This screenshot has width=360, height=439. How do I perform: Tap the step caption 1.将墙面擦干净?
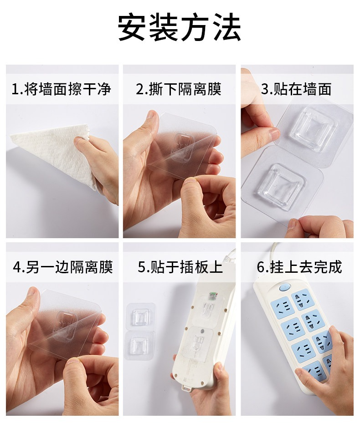tap(62, 89)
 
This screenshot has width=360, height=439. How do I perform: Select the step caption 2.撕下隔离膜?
tap(179, 89)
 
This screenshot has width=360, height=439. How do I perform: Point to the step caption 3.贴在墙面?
tap(296, 89)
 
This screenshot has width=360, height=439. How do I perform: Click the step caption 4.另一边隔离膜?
tap(63, 266)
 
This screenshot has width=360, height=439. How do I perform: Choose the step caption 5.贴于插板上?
tap(180, 266)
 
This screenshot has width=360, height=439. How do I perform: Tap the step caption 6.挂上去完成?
tap(299, 266)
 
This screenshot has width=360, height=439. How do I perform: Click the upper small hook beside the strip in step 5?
tap(140, 317)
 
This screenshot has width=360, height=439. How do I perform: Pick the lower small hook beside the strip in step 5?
tap(139, 345)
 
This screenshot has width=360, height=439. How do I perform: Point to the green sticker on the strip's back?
tap(213, 295)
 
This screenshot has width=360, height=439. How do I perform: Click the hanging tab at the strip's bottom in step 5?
tap(187, 388)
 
